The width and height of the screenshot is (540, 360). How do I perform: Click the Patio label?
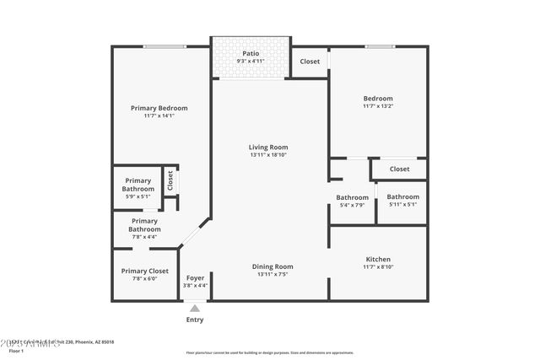click(x=251, y=53)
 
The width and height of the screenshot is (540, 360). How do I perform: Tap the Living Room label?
click(x=268, y=147)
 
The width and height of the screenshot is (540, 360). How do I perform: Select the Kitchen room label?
click(x=377, y=259)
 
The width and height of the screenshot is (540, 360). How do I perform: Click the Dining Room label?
click(x=273, y=266)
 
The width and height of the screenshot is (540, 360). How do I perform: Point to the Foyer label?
click(x=195, y=277)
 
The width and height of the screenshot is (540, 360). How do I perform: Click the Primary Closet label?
click(x=144, y=271)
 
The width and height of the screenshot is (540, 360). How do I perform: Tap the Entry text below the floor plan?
click(x=195, y=320)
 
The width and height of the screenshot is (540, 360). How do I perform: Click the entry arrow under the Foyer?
click(x=195, y=308)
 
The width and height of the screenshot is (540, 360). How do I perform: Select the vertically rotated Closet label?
click(x=170, y=180)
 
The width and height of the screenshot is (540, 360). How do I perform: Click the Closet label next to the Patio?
click(x=310, y=62)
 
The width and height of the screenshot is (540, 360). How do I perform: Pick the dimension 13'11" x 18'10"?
click(x=268, y=155)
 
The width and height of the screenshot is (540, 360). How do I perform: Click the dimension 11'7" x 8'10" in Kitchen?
click(x=377, y=267)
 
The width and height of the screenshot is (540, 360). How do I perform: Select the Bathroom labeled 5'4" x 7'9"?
click(x=352, y=201)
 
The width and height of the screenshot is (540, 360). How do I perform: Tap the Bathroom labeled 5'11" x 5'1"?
click(x=402, y=201)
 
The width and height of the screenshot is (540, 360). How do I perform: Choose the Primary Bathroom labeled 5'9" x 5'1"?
click(x=138, y=188)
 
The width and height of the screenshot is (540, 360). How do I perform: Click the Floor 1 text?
click(x=15, y=350)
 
